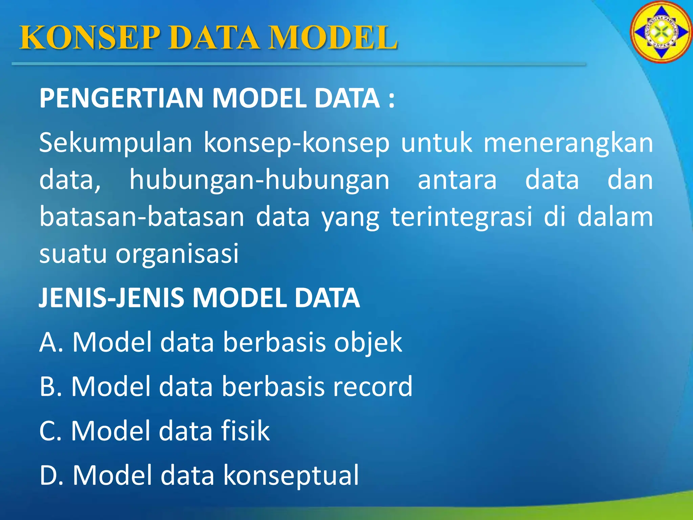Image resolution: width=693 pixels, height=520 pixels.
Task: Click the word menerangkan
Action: (x=568, y=143)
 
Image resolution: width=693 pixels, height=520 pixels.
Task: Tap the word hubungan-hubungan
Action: (x=259, y=180)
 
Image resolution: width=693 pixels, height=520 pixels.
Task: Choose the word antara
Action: (x=457, y=180)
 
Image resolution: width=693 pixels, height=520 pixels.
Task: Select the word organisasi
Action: (x=177, y=254)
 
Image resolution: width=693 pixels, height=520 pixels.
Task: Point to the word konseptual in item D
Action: (x=291, y=476)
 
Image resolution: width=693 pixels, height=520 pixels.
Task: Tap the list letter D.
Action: (x=48, y=476)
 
